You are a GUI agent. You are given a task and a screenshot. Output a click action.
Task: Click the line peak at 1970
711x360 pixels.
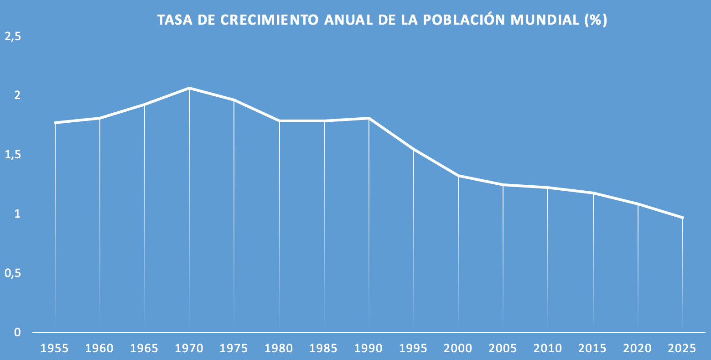(x=189, y=88)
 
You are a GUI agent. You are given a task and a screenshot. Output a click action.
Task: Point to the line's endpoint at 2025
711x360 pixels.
(x=682, y=218)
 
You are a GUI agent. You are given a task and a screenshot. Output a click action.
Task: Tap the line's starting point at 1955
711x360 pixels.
(x=55, y=123)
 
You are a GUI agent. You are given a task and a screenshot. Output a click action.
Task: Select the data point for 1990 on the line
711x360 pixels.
(x=368, y=118)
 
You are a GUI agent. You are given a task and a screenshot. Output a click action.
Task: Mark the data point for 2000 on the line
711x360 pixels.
(x=458, y=176)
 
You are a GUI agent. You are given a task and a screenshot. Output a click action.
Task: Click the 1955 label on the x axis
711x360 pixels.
(x=55, y=349)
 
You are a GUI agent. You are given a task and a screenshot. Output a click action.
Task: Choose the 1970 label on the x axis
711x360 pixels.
(x=189, y=349)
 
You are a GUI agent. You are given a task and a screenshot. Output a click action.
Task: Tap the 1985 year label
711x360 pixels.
(x=324, y=349)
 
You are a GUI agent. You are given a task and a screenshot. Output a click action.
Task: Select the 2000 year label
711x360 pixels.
(x=458, y=349)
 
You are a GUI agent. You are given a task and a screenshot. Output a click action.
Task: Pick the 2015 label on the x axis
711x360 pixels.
(x=592, y=349)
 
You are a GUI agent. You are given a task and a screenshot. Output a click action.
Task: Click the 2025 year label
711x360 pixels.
(x=682, y=349)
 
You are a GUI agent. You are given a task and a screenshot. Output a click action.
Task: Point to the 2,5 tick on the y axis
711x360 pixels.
(x=13, y=37)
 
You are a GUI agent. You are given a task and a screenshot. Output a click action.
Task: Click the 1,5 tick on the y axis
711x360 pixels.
(x=13, y=155)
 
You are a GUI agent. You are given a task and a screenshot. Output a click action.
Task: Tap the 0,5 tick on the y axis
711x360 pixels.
(x=13, y=273)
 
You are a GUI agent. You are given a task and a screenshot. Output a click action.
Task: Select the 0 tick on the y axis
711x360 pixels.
(x=17, y=332)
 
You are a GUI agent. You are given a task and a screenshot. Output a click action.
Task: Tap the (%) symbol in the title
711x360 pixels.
(x=596, y=20)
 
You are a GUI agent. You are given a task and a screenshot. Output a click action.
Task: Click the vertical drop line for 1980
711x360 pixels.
(x=279, y=228)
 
